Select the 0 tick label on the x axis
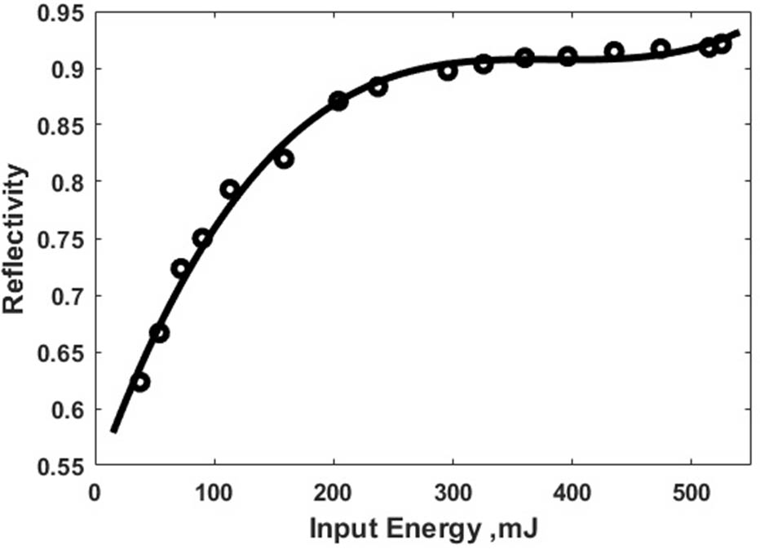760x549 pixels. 95,494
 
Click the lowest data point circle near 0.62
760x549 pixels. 140,382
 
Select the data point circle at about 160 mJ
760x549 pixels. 284,159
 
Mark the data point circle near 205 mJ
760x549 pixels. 338,101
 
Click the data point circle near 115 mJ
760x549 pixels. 230,189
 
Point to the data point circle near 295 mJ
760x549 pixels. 447,71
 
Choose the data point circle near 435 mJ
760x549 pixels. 614,51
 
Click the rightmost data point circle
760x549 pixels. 722,44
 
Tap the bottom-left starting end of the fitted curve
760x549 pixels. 114,431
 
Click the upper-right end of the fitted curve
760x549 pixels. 738,32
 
